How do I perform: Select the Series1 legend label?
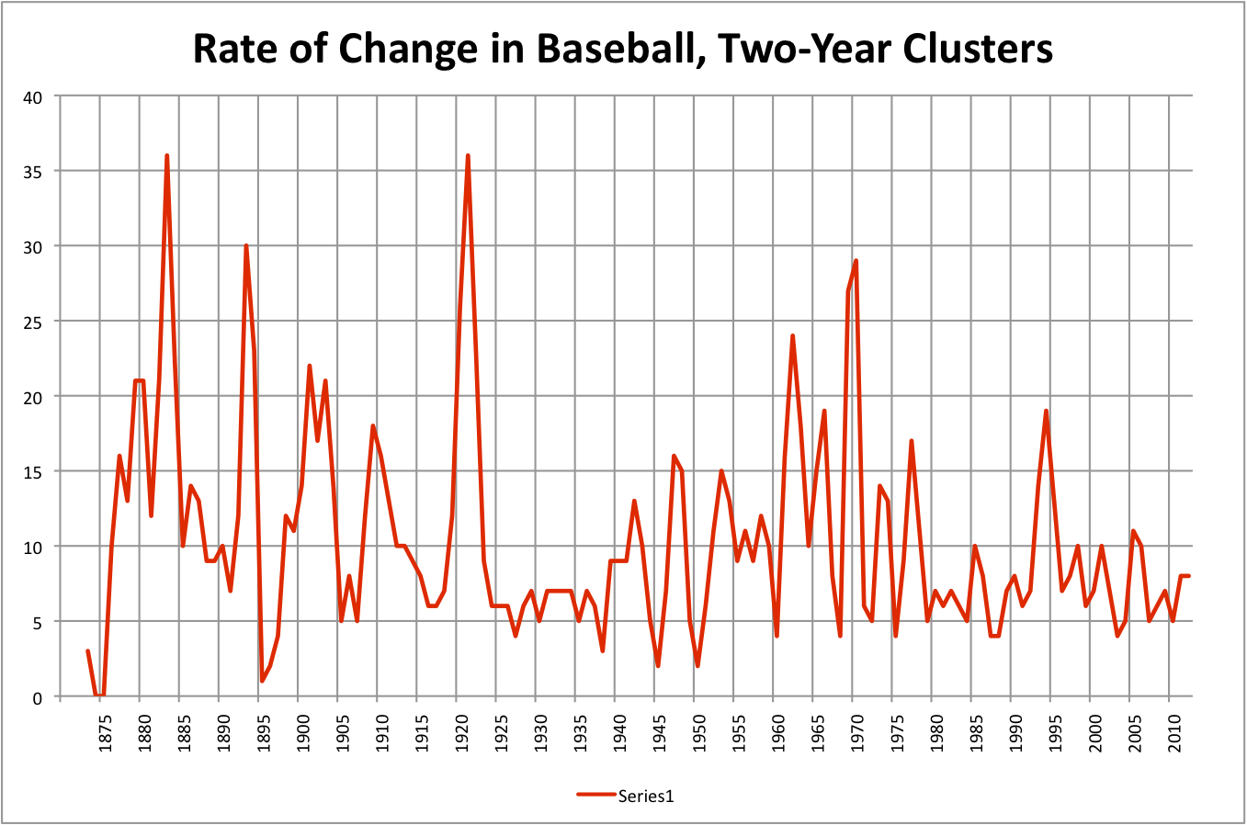[645, 796]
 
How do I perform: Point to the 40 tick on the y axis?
[33, 96]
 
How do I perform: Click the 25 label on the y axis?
[33, 322]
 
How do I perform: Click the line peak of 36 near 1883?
[166, 156]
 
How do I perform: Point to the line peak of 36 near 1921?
[468, 156]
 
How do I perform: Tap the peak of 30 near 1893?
[246, 246]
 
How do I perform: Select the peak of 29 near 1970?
[856, 261]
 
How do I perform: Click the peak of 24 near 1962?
[792, 336]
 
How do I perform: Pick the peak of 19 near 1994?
[1046, 412]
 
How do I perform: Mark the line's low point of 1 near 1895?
[262, 681]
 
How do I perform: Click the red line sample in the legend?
[595, 796]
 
